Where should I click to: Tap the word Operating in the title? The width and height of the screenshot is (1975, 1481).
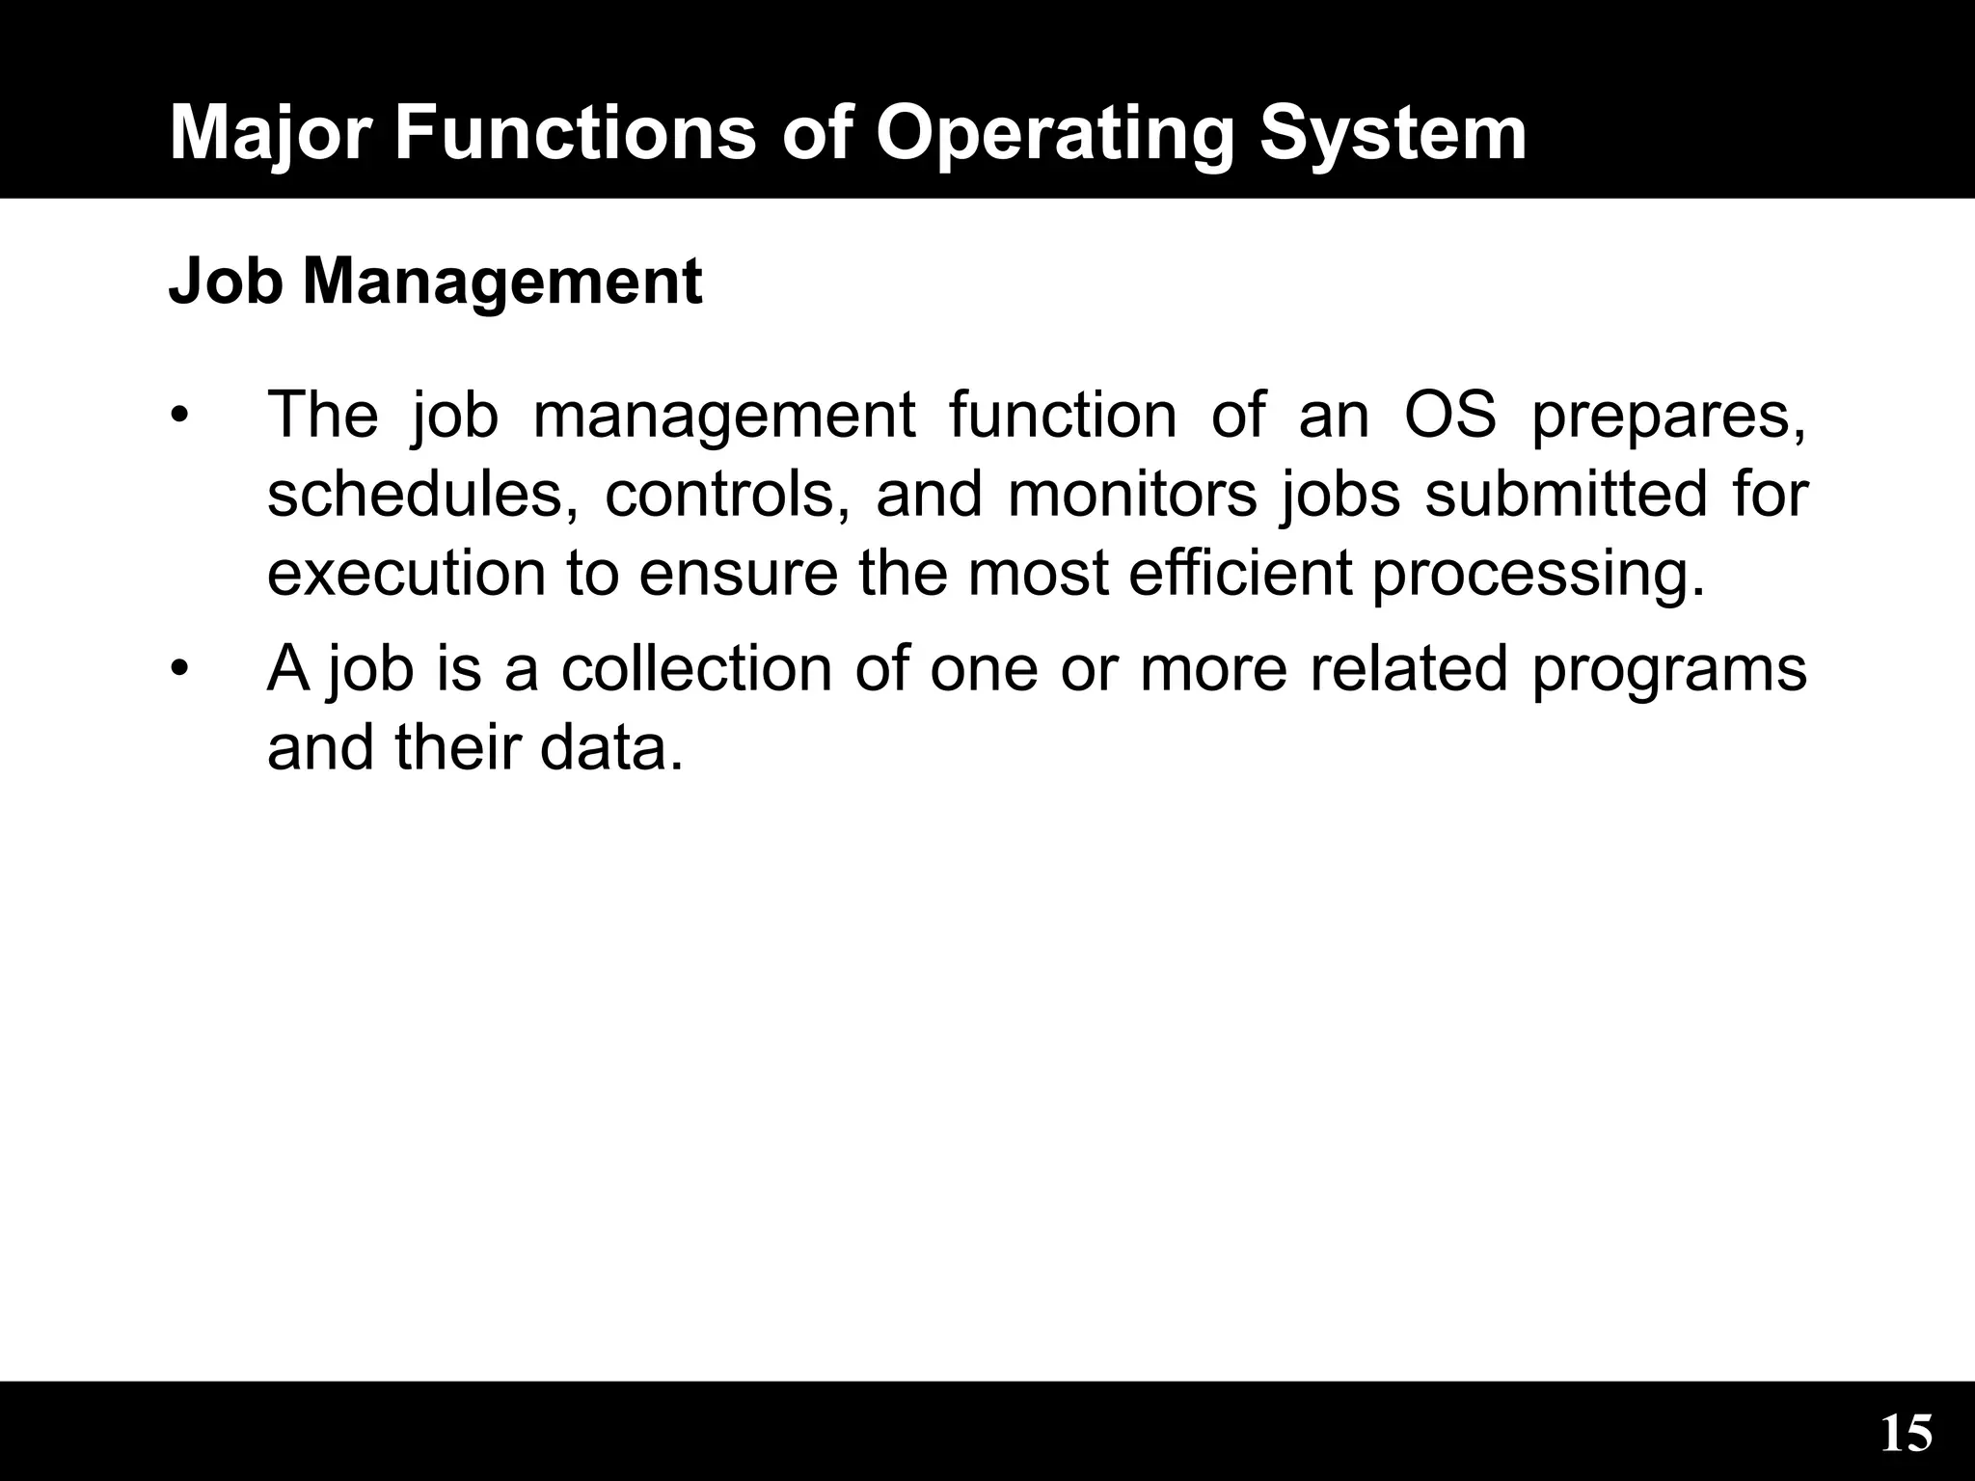[1055, 135]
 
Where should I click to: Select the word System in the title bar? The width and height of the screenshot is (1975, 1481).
[1393, 135]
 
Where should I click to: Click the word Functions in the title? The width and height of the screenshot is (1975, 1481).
[575, 133]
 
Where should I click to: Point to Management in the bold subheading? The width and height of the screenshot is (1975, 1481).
[502, 283]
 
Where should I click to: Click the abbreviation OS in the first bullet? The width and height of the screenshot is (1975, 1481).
[1449, 416]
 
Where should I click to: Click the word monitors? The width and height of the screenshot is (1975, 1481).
[1132, 495]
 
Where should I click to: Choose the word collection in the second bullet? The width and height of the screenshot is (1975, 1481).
[696, 668]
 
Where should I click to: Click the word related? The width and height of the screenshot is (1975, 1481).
[1408, 668]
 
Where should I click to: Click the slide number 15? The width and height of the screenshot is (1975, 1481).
[1906, 1434]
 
